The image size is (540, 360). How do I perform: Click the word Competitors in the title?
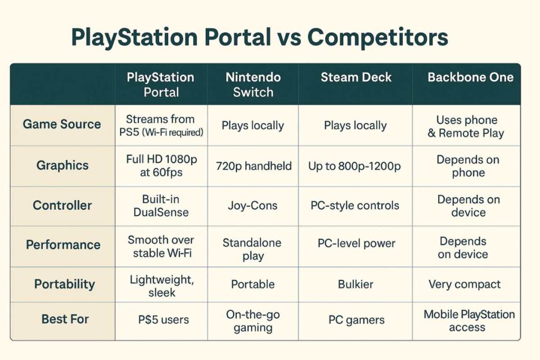(377, 38)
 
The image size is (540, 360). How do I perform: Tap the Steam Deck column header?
(356, 77)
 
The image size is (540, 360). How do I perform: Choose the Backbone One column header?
(470, 77)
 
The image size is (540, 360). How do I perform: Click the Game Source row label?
(62, 124)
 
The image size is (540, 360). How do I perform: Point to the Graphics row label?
(62, 166)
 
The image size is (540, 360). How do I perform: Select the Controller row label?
(62, 206)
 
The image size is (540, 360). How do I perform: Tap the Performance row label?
(63, 245)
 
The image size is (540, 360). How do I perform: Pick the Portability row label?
(64, 285)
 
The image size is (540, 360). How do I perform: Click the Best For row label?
(65, 319)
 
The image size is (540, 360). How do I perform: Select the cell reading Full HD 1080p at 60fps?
(161, 166)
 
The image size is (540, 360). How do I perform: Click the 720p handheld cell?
(254, 166)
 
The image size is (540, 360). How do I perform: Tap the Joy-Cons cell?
(253, 206)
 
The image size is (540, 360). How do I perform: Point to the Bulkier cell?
(355, 285)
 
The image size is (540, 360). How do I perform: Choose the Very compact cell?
(465, 285)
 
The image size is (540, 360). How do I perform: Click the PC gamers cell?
(356, 320)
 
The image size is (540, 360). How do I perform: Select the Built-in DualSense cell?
(161, 206)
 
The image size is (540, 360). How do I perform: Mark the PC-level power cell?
(356, 244)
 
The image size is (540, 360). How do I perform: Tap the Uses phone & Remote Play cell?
(466, 127)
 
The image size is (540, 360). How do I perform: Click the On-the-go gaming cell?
(253, 321)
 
